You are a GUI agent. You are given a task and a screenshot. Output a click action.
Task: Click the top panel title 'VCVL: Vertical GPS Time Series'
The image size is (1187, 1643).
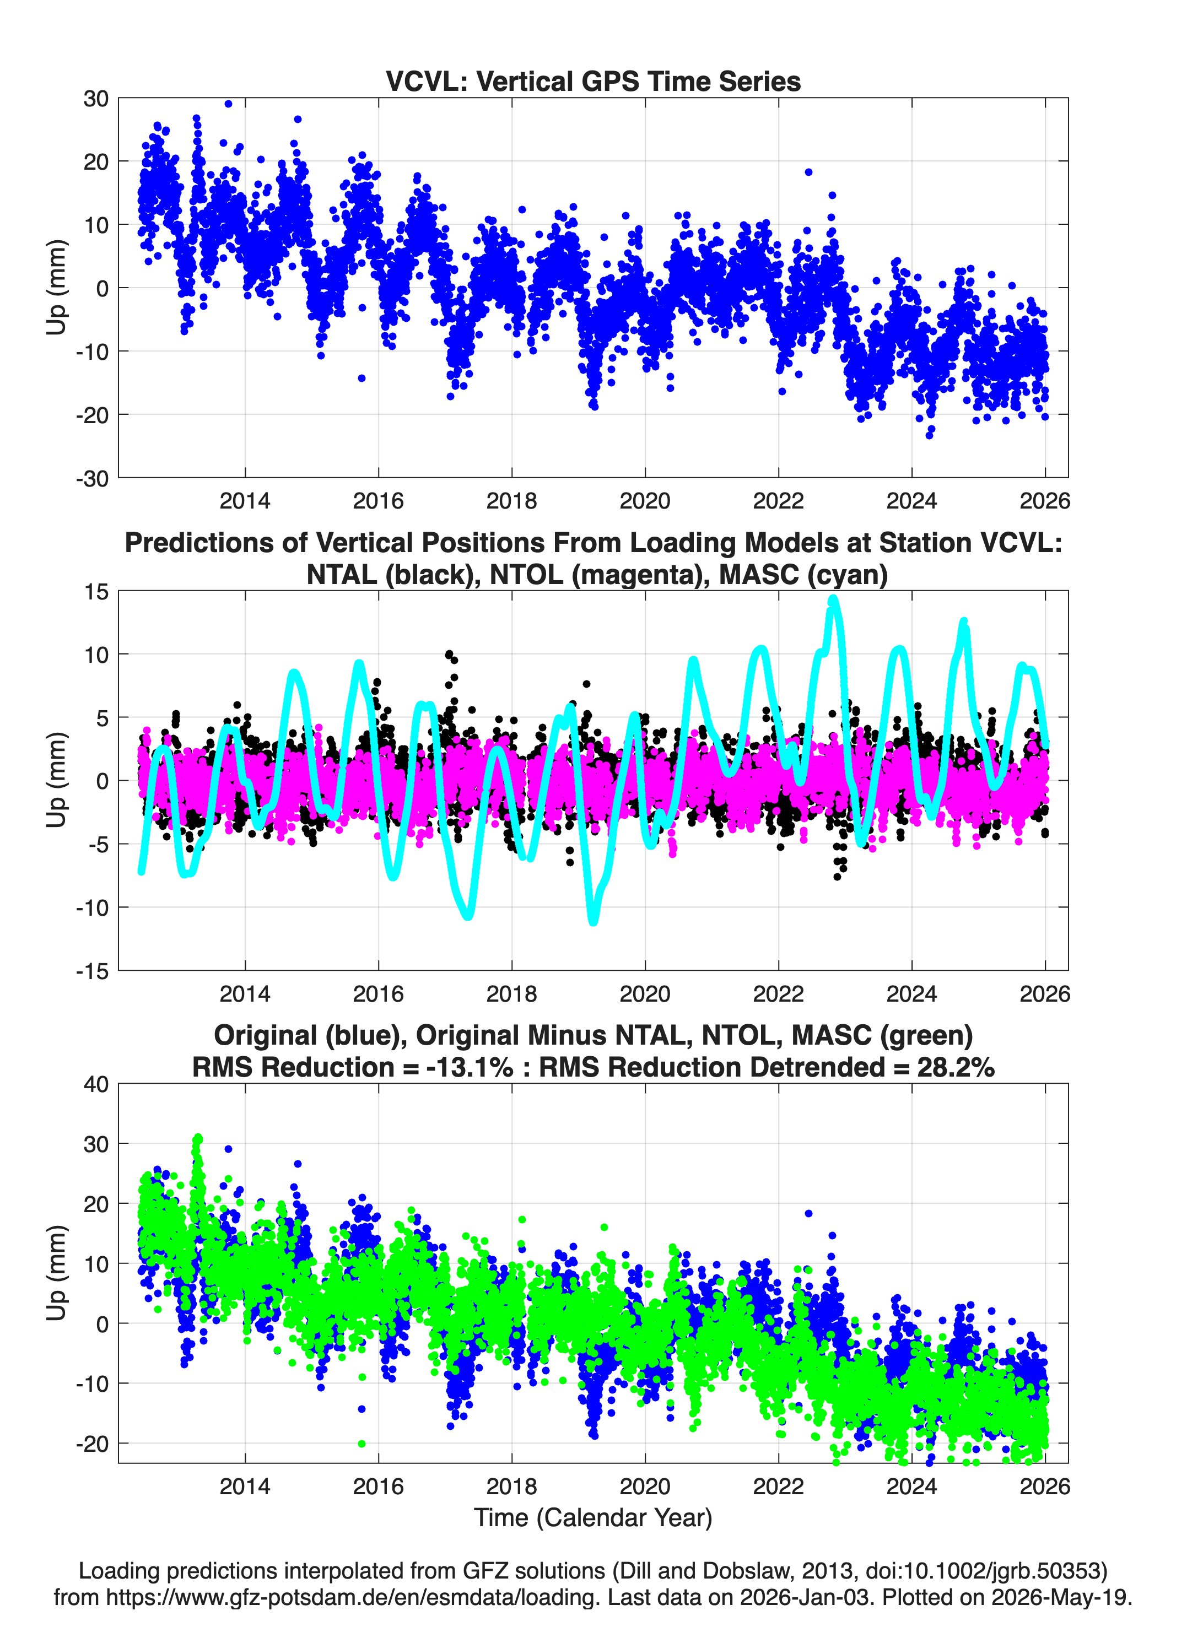(593, 81)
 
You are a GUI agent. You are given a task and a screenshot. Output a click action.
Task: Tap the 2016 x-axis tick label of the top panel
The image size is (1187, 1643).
(378, 501)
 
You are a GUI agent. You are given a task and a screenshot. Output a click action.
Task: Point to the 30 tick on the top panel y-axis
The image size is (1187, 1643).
(96, 99)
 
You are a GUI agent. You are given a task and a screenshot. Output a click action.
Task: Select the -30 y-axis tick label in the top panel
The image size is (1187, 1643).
(92, 478)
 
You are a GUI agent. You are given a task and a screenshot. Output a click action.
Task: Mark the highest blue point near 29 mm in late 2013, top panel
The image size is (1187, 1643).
(228, 104)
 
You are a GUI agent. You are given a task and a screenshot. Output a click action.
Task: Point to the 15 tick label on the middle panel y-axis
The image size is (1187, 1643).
(96, 592)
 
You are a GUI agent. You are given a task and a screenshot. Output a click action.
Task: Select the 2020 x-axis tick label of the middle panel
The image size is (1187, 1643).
(645, 993)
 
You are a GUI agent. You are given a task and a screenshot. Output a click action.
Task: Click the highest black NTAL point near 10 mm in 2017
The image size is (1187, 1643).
(449, 654)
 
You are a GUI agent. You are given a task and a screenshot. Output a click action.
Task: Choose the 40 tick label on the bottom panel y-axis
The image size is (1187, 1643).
(96, 1084)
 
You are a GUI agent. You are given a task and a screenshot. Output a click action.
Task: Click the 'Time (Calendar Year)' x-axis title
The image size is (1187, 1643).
(593, 1517)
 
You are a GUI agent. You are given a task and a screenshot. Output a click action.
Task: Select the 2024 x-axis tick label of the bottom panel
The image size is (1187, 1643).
(911, 1486)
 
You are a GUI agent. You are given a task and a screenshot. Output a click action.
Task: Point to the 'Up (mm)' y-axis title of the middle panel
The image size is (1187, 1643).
(57, 780)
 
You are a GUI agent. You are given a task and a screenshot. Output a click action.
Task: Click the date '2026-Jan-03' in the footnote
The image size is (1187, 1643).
(805, 1597)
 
